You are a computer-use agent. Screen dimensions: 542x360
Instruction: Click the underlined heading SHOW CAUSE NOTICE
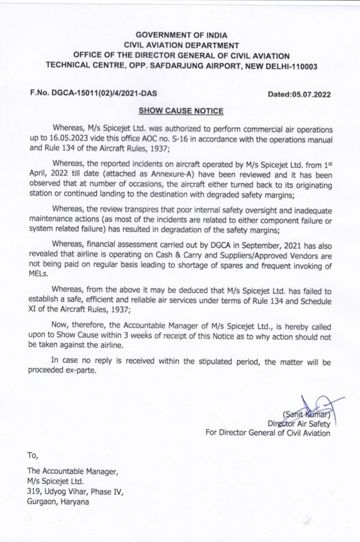(x=181, y=111)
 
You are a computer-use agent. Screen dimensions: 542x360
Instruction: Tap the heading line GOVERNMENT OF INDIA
(x=181, y=35)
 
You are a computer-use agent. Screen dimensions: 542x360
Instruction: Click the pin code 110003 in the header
(x=303, y=67)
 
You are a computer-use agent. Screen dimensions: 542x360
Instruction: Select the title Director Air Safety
(x=299, y=423)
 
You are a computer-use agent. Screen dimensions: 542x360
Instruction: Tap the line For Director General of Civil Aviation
(x=267, y=433)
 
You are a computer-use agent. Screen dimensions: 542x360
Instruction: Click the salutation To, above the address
(x=33, y=455)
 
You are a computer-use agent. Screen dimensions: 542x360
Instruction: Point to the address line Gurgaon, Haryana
(x=58, y=502)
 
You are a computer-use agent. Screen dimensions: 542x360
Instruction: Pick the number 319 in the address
(x=33, y=491)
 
